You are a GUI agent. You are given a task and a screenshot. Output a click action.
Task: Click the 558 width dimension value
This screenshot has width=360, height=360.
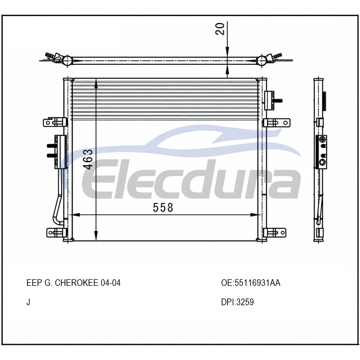pos(163,208)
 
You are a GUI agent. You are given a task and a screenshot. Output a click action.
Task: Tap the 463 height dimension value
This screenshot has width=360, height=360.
pos(89,159)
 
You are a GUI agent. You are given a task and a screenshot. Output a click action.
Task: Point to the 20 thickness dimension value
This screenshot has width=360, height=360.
pos(220,29)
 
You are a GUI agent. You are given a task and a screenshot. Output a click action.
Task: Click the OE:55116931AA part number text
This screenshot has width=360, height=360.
pos(251,283)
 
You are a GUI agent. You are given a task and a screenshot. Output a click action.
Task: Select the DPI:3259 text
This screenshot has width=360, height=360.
pos(237,302)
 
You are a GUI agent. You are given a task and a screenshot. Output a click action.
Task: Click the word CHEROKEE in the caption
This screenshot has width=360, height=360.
pos(77,283)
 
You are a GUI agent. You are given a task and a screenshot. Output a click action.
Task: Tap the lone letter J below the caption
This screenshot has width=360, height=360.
pos(28,302)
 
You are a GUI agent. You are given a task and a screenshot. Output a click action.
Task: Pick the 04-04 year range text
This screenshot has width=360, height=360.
pos(111,283)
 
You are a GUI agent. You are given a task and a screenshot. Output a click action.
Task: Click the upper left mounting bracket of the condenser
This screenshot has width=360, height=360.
pos(55,122)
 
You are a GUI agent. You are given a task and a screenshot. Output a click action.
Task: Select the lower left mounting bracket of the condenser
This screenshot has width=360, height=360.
pos(57,233)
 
